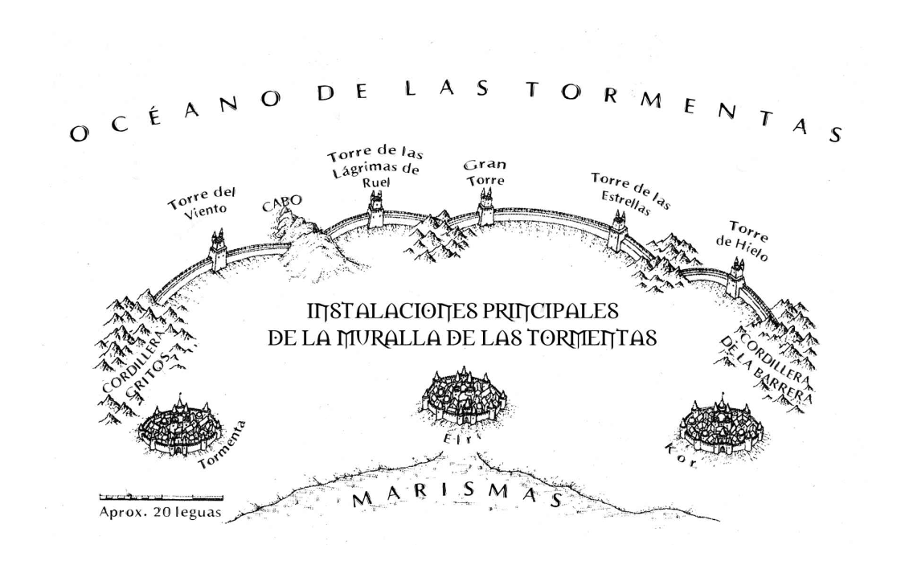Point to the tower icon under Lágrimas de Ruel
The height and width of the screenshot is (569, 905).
point(375,210)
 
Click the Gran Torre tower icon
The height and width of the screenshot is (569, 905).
point(485,208)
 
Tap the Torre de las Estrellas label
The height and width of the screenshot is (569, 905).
point(630,191)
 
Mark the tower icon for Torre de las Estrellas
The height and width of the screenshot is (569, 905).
point(617,231)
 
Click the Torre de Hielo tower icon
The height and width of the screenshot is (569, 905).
point(735,278)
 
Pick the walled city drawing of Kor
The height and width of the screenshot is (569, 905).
point(722,425)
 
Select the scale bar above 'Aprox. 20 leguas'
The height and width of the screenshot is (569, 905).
point(161,497)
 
